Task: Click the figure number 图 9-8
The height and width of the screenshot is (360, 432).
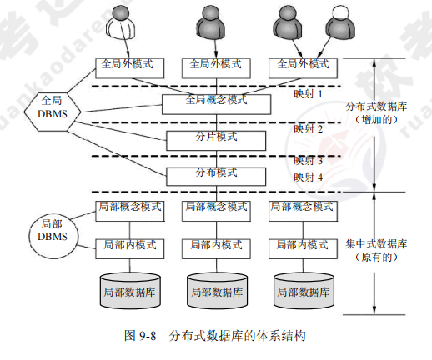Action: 136,337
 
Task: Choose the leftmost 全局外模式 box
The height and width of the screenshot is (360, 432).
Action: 128,64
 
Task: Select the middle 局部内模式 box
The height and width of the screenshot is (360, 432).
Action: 215,245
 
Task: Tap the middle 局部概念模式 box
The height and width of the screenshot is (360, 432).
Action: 215,206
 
